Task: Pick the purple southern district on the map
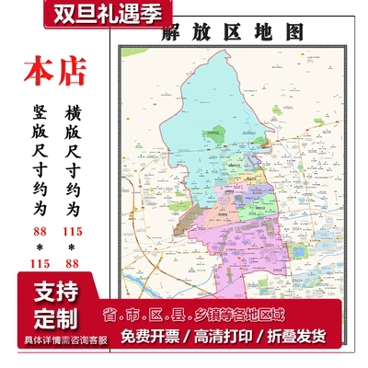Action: pyautogui.click(x=221, y=230)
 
